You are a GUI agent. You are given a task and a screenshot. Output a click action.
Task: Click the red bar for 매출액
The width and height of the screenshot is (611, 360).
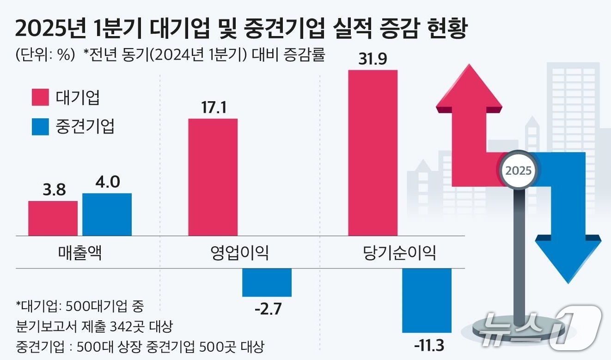point(53,218)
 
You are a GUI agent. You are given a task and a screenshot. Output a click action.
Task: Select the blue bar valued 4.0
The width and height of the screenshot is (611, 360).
point(107,214)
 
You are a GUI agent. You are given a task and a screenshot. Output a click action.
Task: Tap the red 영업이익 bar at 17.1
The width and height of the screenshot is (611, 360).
point(213,177)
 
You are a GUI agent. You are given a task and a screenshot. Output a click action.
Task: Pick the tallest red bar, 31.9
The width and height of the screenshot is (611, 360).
point(373,153)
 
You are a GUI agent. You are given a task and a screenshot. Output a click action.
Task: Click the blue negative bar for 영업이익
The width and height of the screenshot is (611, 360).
point(267,282)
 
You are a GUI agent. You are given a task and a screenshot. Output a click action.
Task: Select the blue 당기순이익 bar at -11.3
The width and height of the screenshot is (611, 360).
point(427,300)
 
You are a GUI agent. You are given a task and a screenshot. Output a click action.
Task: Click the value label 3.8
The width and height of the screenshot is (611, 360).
point(54,189)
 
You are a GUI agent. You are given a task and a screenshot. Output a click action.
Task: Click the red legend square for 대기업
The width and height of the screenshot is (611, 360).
point(40,98)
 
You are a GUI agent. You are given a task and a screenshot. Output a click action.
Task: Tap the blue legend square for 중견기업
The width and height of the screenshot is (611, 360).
point(40,126)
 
